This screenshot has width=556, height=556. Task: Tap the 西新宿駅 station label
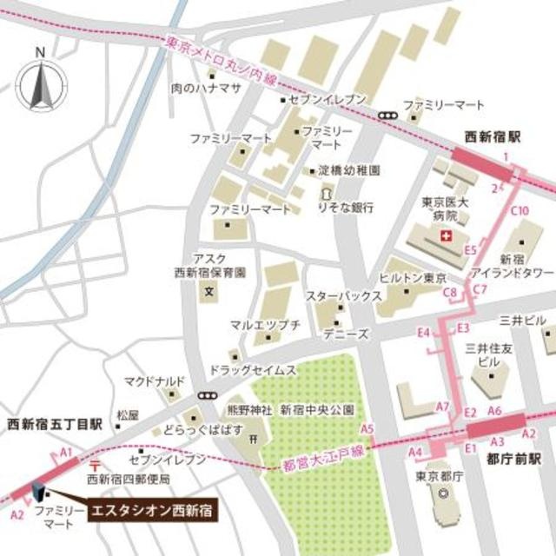pyautogui.click(x=492, y=137)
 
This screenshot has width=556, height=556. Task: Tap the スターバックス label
pyautogui.click(x=344, y=296)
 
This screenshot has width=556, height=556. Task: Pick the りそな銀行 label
pyautogui.click(x=346, y=208)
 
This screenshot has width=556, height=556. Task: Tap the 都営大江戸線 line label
pyautogui.click(x=322, y=451)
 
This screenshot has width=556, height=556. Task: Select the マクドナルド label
pyautogui.click(x=155, y=381)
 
